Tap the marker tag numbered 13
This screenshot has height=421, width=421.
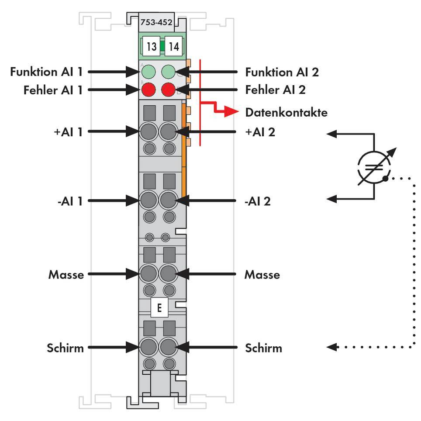(x=151, y=47)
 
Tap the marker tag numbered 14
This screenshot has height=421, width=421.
(x=173, y=47)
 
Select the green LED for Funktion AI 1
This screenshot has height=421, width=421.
(x=148, y=71)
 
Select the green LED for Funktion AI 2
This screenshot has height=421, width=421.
(x=168, y=71)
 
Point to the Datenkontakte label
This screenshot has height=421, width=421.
(x=286, y=112)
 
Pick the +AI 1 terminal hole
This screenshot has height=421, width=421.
(x=148, y=131)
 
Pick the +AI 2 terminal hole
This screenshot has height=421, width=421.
(x=168, y=131)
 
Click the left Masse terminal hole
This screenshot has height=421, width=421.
(x=148, y=274)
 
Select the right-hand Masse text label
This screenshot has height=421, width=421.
(x=262, y=275)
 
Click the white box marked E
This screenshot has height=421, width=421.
(x=159, y=308)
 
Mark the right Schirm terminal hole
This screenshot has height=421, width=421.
(x=168, y=348)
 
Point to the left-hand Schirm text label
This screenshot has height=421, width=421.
(x=66, y=348)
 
